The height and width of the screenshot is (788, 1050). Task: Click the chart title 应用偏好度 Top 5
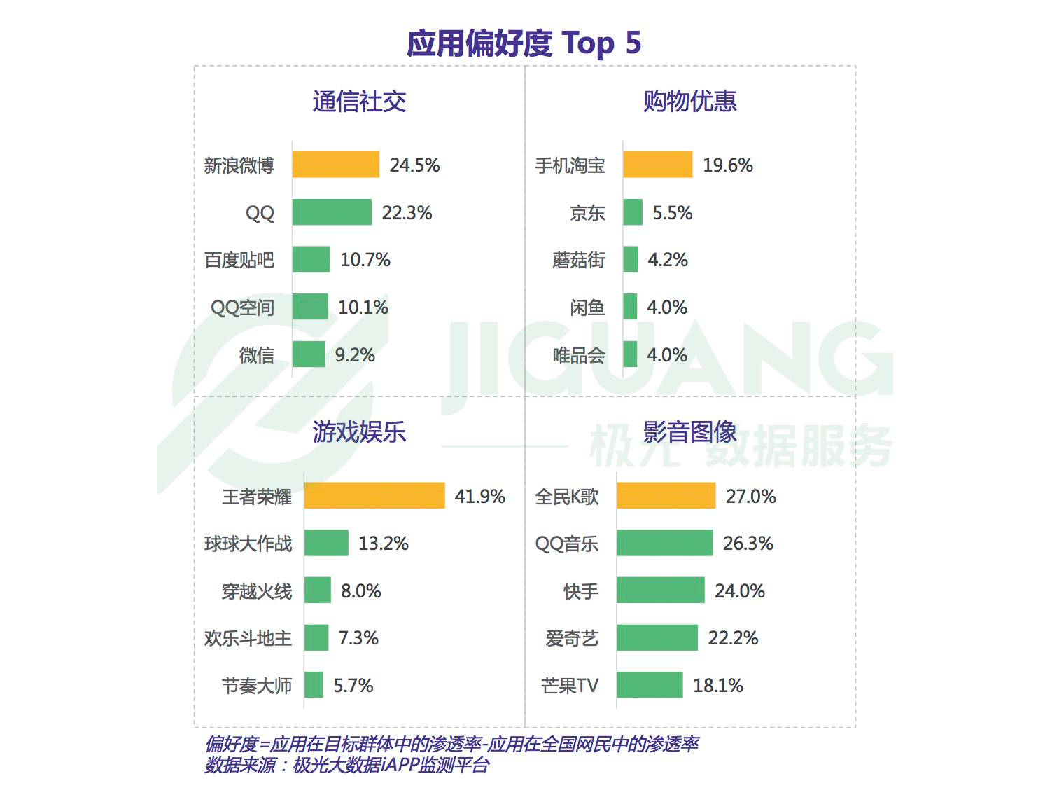pos(524,43)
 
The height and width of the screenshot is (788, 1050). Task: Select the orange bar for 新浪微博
pos(336,165)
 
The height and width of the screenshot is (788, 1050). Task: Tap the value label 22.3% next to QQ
pos(407,213)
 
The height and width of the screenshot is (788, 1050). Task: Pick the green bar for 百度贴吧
pos(311,260)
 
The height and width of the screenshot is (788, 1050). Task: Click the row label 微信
pos(256,355)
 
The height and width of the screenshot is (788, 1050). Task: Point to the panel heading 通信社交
pos(359,102)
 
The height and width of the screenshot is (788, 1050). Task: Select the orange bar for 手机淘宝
pos(657,165)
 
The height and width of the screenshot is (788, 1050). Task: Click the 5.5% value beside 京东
pos(672,213)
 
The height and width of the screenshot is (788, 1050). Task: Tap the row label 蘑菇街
pos(578,260)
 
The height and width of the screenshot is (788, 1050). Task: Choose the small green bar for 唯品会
pos(630,355)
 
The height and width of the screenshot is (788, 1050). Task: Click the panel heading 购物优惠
pos(689,102)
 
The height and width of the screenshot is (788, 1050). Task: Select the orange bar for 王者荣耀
pos(374,496)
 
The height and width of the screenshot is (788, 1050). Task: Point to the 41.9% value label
pos(479,497)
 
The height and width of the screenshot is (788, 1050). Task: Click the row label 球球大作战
pos(248,544)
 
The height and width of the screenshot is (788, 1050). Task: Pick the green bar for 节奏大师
pos(314,686)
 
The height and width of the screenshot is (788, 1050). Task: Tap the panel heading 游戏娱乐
pos(359,432)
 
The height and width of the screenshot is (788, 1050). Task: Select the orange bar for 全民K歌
pos(666,496)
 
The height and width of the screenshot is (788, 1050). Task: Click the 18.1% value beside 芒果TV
pos(717,686)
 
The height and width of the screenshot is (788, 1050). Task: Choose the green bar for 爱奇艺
pos(657,638)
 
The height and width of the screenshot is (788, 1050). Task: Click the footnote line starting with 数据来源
pos(346,766)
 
